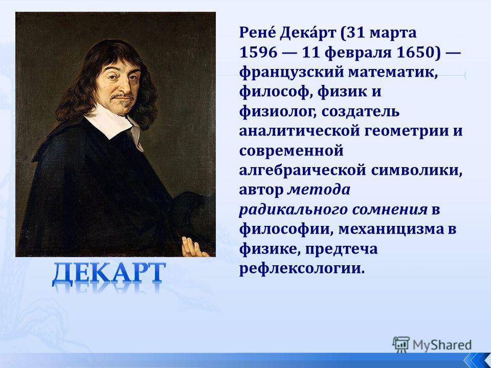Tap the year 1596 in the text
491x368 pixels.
point(259,52)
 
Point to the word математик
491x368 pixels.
point(393,72)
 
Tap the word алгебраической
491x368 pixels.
point(302,170)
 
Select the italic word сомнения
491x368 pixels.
point(390,210)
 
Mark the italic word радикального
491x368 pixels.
point(293,210)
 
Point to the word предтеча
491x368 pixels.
point(341,249)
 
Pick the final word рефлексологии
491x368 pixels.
point(302,269)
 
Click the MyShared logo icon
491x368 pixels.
point(401,345)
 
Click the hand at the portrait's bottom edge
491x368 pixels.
point(193,247)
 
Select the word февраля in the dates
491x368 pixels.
point(358,52)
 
